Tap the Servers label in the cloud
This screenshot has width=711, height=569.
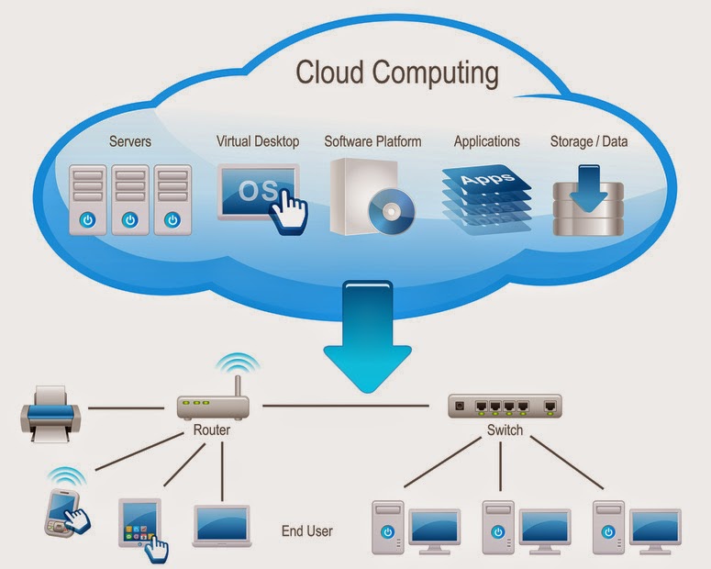130,141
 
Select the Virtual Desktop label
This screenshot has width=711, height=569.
258,141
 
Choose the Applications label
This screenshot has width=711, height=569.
486,141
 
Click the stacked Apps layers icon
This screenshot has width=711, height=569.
486,195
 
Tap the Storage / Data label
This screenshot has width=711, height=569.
590,141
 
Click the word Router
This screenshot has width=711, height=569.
212,430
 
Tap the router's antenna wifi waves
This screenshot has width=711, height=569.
237,366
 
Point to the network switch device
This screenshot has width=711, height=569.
504,406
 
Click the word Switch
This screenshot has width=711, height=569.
504,430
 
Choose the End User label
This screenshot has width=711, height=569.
307,530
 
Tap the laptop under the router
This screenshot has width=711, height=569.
222,526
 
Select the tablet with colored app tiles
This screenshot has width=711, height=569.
139,524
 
